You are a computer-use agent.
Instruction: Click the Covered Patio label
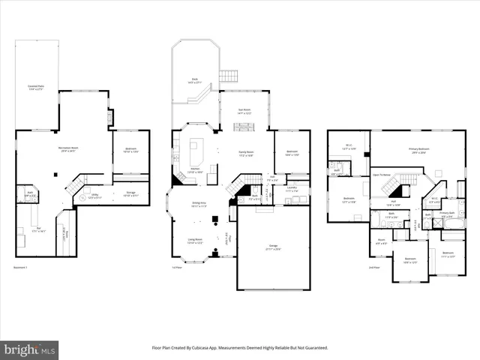36,87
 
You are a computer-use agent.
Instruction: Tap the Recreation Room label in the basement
68,148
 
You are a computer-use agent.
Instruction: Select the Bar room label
35,230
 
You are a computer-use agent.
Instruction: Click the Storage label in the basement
130,193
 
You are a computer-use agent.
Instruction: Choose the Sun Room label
244,110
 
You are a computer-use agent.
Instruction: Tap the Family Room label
245,152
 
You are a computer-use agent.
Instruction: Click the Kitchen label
193,170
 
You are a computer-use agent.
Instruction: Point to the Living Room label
195,241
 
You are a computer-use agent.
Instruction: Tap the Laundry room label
292,189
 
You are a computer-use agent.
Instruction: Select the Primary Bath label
447,213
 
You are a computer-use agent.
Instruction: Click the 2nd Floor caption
373,268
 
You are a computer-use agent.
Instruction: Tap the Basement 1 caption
22,268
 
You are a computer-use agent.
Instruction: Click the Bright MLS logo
30,349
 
